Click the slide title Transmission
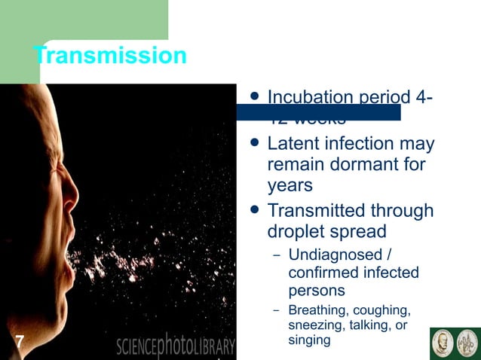point(110,56)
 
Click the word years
point(290,185)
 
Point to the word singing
point(309,340)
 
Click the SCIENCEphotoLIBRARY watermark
point(176,346)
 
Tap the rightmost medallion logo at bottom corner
point(467,343)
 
